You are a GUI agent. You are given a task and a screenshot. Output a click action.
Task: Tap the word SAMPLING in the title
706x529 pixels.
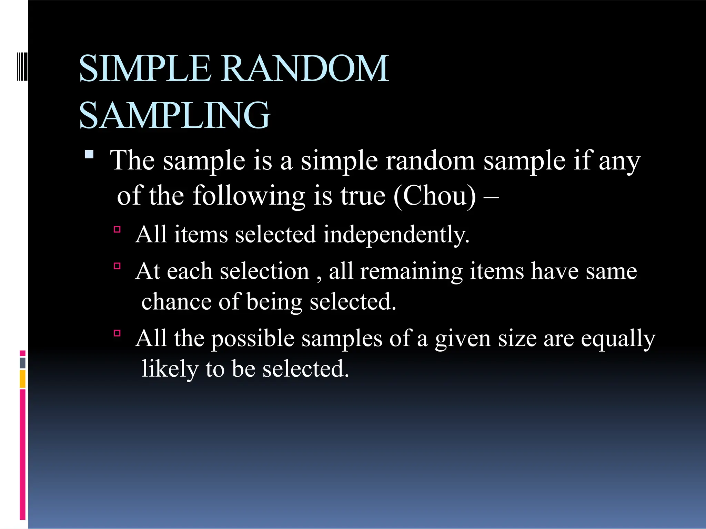coord(175,115)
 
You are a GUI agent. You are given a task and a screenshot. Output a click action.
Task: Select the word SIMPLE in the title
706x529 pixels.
coord(145,69)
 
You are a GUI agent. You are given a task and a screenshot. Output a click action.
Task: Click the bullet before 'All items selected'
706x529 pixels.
coord(117,229)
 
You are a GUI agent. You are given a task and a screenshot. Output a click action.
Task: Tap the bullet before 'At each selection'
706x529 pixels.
coord(117,266)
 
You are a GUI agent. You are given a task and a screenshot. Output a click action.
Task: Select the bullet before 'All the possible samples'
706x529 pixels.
coord(117,333)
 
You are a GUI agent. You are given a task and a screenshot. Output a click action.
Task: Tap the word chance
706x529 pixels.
coord(176,302)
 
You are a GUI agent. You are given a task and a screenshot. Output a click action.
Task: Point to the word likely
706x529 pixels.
coord(170,369)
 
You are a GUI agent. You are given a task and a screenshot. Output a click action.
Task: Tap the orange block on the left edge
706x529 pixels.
coord(23,379)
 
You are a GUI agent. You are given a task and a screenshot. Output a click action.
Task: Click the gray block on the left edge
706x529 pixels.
coord(23,363)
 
